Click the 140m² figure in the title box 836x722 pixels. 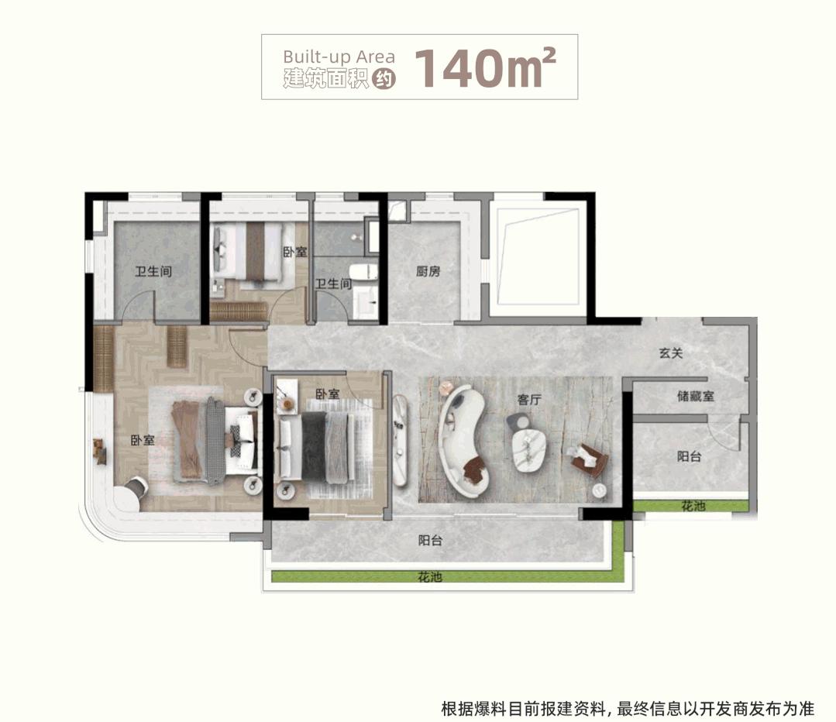pos(485,67)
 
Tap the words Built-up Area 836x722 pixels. pos(339,57)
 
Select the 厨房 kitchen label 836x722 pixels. pos(428,271)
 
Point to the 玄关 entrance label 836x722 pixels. pos(671,353)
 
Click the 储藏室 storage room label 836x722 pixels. pos(695,396)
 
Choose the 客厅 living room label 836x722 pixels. pos(529,400)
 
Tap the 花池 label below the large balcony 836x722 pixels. pos(430,576)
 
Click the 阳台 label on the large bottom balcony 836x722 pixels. pos(430,541)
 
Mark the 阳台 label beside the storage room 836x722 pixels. pos(689,456)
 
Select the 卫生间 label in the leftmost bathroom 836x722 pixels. pos(153,271)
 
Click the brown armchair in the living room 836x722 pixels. pos(590,459)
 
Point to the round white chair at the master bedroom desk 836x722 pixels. pos(136,486)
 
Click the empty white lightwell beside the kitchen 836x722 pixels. pos(538,256)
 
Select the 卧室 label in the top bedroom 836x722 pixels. pos(295,252)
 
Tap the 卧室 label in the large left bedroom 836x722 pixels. pos(143,441)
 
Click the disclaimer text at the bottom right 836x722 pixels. pos(628,709)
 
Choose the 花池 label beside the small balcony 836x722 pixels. pos(693,506)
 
